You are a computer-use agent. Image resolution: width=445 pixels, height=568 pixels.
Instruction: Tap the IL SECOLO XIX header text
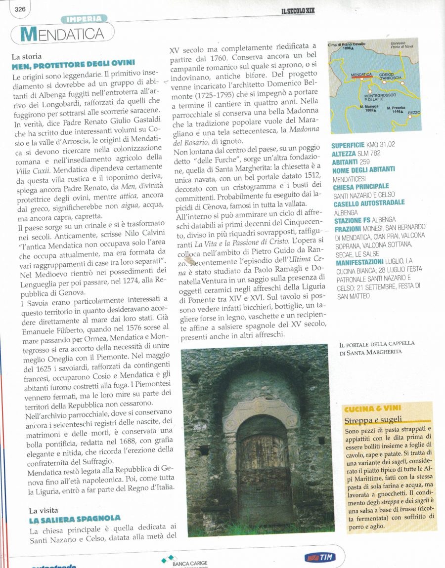click(298, 10)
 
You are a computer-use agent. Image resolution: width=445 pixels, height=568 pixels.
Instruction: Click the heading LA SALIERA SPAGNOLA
click(74, 518)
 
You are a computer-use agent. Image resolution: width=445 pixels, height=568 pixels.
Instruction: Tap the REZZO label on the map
click(414, 113)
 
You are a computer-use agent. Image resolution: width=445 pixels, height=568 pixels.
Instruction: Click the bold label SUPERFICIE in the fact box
click(348, 145)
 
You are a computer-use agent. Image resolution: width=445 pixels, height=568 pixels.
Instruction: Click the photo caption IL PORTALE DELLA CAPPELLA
click(377, 343)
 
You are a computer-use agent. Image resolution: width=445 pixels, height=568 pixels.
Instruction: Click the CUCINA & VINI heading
click(372, 408)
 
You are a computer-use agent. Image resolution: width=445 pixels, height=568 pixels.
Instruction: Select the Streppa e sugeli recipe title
click(373, 420)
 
